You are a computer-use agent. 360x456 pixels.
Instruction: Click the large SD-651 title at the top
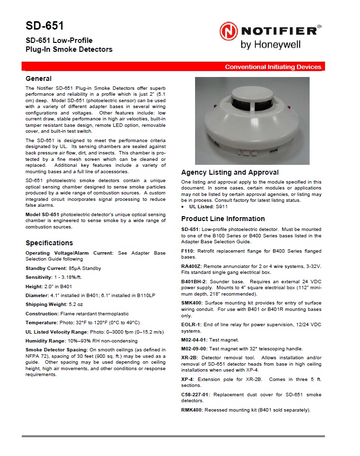tap(44, 26)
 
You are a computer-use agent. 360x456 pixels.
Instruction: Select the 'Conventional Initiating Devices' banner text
tap(273, 67)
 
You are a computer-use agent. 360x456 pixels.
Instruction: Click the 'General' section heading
tap(39, 78)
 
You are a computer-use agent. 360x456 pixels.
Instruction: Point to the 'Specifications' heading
tap(49, 243)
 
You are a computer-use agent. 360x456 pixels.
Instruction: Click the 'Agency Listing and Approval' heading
tap(230, 173)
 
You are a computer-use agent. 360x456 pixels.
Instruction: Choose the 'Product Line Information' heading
tap(223, 219)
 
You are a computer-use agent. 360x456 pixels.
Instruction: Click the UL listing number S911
tap(221, 207)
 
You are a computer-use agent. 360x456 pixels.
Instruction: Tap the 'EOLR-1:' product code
tap(192, 325)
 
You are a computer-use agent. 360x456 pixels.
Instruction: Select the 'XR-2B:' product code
tap(190, 357)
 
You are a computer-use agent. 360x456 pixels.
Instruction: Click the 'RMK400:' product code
tap(192, 410)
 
